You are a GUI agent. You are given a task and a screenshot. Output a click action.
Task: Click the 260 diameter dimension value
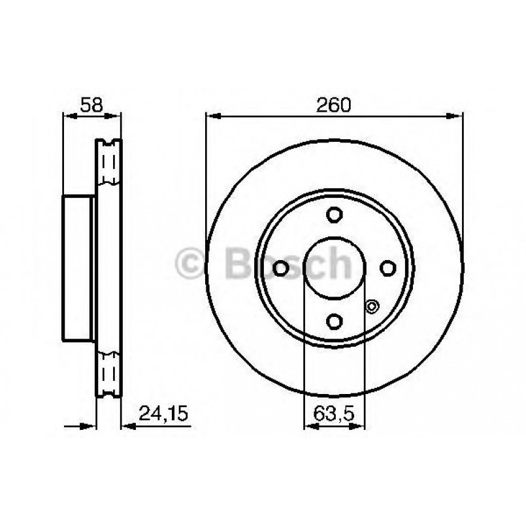335,105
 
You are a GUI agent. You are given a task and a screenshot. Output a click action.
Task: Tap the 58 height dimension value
91,105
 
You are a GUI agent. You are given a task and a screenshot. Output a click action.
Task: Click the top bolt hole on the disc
335,215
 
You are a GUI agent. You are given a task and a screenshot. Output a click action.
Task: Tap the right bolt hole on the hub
387,268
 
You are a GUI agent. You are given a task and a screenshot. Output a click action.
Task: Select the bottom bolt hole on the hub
335,321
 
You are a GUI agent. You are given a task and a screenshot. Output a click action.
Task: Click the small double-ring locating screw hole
372,305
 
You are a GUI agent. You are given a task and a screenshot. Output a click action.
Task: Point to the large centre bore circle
335,268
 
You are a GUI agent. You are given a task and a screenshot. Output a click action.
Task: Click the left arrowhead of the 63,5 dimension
310,427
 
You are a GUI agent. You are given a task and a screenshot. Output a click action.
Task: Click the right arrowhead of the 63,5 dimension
359,427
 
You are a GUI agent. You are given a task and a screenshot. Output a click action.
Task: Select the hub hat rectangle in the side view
78,268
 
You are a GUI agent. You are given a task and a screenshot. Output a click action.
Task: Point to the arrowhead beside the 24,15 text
128,427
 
